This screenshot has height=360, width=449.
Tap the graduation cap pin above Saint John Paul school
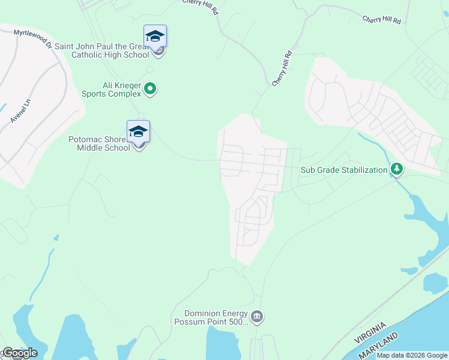pos(155,37)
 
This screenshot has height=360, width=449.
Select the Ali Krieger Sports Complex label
pos(113,89)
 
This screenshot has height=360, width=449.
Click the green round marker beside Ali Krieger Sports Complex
pos(151,89)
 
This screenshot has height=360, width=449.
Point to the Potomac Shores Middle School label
pos(98,143)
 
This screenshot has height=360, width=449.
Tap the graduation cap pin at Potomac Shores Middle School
pos(138,131)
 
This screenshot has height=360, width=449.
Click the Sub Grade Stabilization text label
pos(344,170)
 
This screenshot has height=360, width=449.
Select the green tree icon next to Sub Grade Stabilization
pos(396,170)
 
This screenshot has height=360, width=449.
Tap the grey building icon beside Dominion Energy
pos(257,316)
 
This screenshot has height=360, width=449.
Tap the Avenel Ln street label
pos(20,112)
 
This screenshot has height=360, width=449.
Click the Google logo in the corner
pos(19,353)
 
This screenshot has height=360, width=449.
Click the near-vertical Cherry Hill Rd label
pos(282,68)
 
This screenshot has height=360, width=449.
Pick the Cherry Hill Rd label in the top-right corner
pos(381,19)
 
